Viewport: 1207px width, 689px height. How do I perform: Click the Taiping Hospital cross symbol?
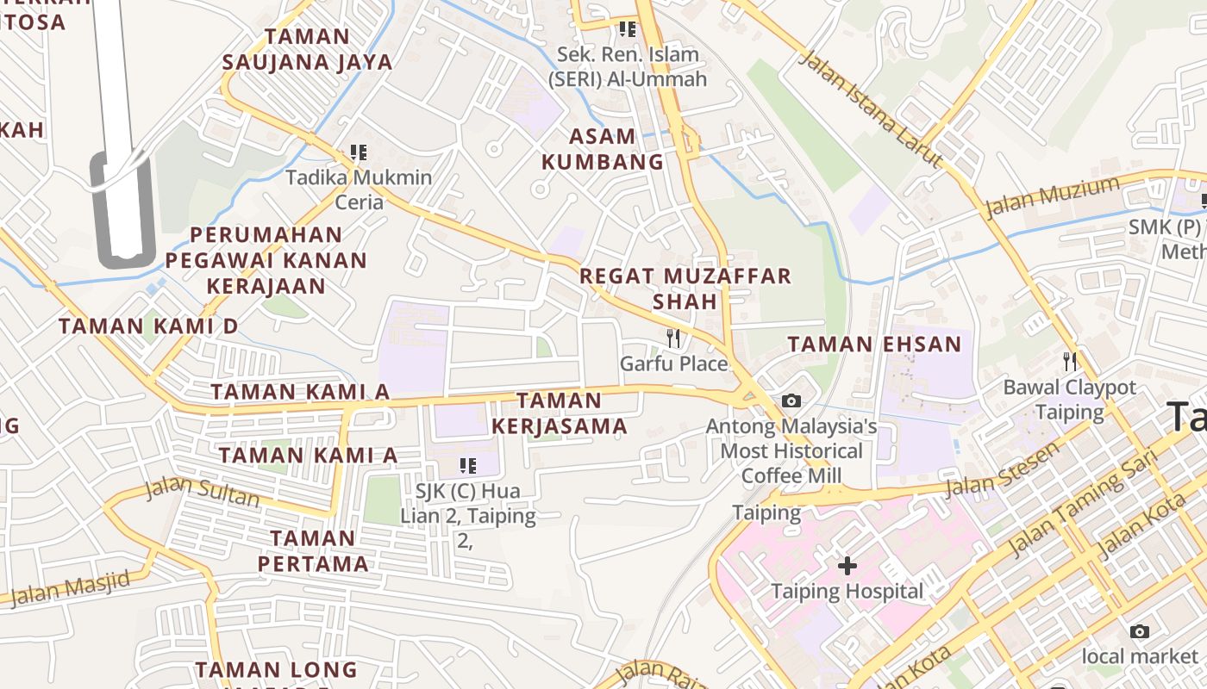(847, 566)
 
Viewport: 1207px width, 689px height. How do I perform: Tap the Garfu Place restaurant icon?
(673, 338)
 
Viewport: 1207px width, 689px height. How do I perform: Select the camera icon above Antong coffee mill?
(791, 400)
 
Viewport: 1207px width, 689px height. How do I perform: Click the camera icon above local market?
(1139, 631)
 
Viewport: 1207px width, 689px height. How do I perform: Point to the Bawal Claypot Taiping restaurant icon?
(1069, 362)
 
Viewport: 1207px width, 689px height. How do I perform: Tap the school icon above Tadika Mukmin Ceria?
(359, 153)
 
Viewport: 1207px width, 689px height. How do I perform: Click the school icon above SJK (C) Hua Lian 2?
(468, 466)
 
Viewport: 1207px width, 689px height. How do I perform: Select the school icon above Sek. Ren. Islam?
(627, 29)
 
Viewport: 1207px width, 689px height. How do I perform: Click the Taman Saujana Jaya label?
(307, 49)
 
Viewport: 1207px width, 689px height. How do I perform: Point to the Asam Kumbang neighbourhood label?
(603, 149)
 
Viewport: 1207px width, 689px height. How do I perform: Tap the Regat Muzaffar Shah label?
(685, 289)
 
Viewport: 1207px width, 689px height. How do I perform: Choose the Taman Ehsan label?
(874, 344)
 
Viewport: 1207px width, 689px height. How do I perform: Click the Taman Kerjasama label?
(559, 413)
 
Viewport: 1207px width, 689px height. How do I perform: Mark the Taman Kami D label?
(148, 326)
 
